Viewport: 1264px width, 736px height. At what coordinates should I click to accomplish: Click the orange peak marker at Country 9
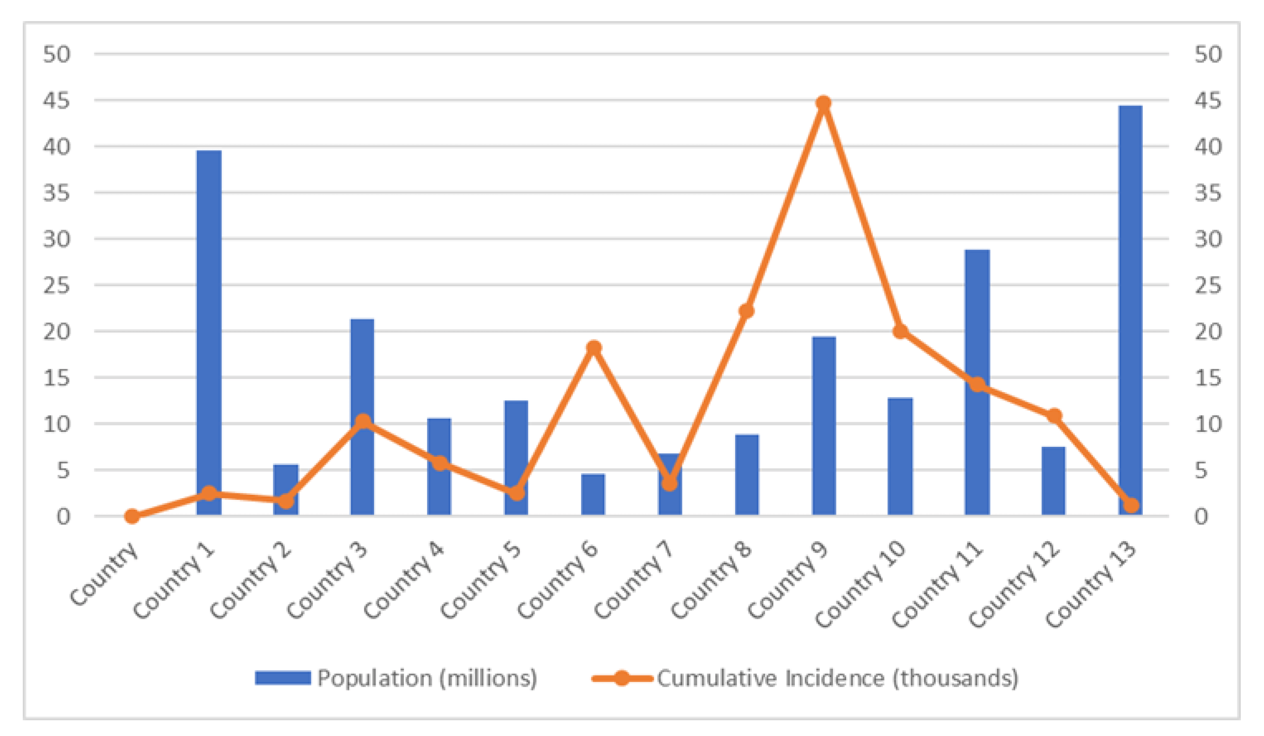tap(823, 104)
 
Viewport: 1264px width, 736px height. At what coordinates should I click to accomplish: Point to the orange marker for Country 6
tap(593, 348)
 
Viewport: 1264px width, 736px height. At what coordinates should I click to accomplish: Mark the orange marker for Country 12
tap(1054, 416)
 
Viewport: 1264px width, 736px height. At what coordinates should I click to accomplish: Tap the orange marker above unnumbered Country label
tap(132, 516)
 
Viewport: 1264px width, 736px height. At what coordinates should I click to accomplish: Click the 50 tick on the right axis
tap(1208, 54)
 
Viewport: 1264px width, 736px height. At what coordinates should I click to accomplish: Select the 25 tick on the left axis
tap(56, 286)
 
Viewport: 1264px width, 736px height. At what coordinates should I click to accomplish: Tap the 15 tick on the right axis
tap(1208, 378)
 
